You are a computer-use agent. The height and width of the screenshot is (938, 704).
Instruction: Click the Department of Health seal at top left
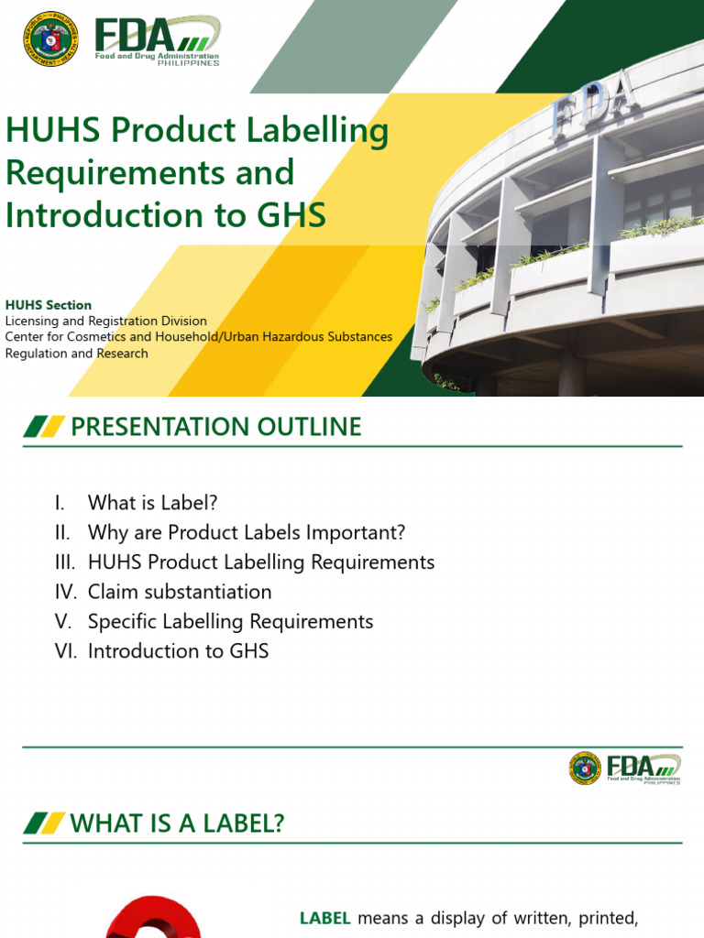coord(50,38)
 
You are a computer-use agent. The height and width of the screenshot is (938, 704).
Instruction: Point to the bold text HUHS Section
coord(49,304)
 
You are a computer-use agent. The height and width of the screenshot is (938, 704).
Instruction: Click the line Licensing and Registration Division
coord(106,321)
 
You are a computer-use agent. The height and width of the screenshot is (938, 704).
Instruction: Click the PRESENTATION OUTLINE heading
coord(216,426)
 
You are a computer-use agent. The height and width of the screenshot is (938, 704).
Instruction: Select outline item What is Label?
coord(152,503)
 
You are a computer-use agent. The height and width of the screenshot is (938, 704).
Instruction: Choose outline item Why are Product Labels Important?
coord(246,532)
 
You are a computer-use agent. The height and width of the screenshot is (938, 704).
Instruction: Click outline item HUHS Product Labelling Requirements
coord(261,562)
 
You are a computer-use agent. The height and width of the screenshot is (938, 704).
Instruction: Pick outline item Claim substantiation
coord(180,592)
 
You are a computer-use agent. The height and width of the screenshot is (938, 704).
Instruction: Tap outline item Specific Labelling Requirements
coord(230,621)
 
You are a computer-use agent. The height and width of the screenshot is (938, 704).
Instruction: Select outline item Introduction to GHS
coord(178,651)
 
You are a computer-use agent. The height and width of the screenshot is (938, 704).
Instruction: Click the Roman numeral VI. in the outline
coord(64,651)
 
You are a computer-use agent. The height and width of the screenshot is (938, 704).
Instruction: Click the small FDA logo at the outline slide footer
coord(625,768)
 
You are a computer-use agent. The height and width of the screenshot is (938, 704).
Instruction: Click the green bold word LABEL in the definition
coord(325,918)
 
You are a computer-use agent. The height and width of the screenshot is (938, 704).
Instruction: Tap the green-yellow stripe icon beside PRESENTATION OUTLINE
coord(44,426)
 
